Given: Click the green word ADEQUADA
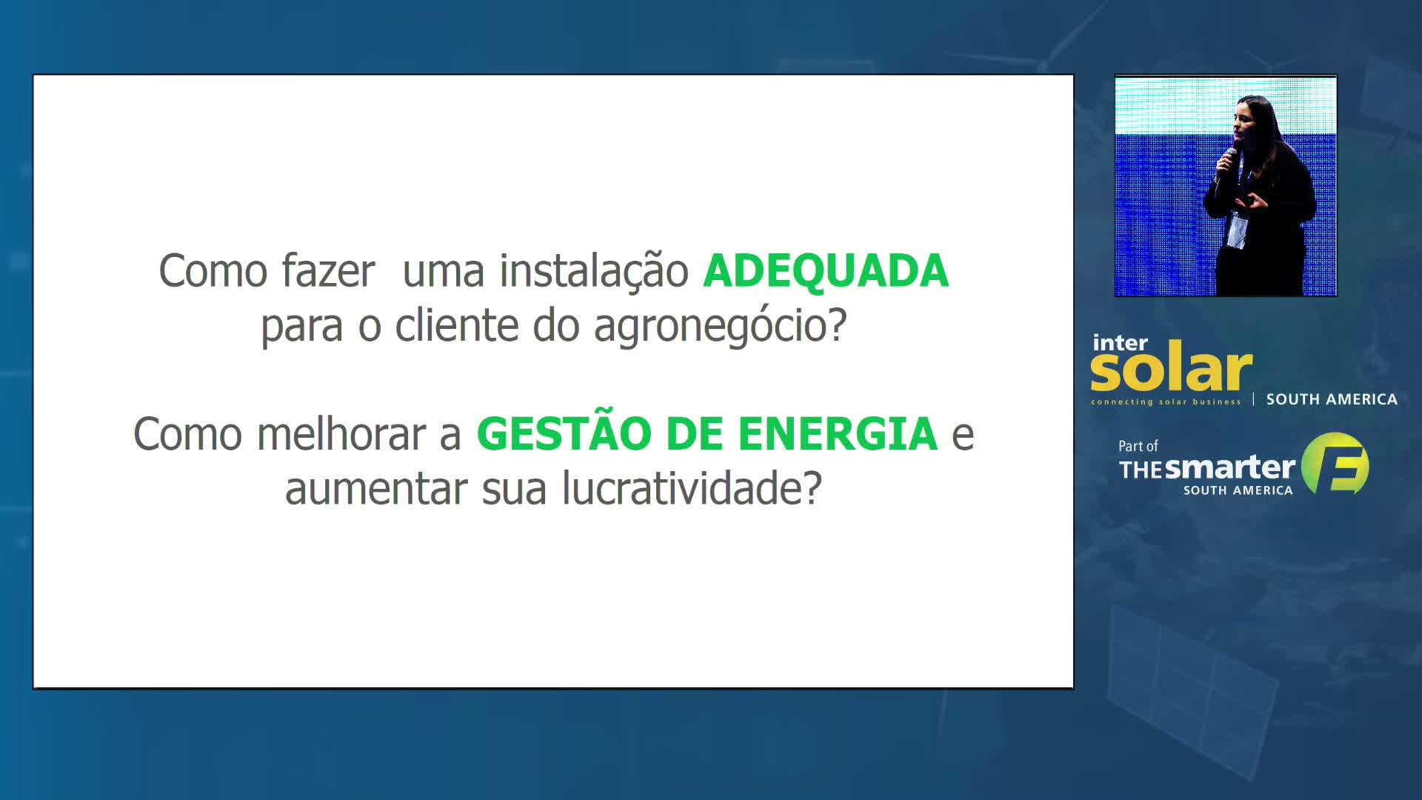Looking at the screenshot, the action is pos(826,270).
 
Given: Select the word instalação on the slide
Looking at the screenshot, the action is pos(594,271).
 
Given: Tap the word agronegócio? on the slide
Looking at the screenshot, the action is pos(720,327).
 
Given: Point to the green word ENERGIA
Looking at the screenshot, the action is pos(838,433).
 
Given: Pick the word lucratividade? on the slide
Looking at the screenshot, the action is pos(692,489).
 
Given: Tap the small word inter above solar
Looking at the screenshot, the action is pos(1120,343).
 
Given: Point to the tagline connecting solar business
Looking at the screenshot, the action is pos(1166,402).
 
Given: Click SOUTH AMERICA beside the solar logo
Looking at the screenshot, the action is pos(1332,399).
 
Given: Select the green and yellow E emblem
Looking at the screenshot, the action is pos(1335,464).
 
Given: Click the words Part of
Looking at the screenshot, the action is pos(1138,446).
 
